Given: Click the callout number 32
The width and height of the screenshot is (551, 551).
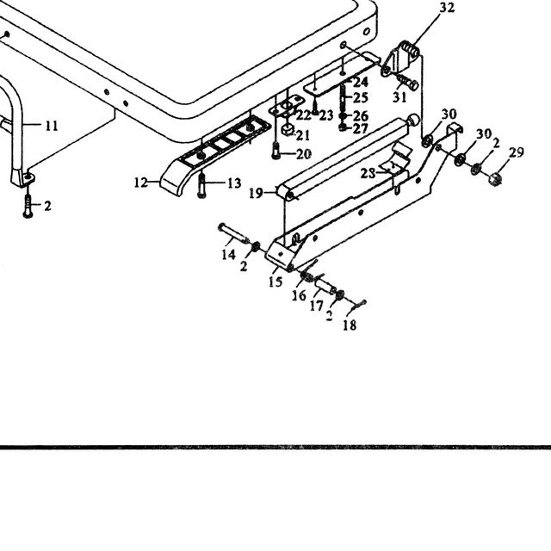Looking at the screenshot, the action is coord(447,8).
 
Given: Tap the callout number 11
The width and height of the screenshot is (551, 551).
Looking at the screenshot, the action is coord(52,126).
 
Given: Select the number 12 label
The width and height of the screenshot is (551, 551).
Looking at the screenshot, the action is coord(141,183).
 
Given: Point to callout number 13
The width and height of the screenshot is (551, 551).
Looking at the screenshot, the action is coord(234,183).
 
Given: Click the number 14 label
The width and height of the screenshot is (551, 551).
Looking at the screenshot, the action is coord(228,255).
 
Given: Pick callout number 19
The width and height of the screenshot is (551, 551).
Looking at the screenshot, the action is coord(256,193).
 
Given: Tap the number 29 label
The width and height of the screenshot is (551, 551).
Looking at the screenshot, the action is coord(517,152).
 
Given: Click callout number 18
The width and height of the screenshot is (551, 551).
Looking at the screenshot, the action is coord(350,325).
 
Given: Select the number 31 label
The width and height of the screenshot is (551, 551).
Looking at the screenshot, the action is coord(399,97).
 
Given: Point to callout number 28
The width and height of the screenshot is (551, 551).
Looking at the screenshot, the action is coord(368,174).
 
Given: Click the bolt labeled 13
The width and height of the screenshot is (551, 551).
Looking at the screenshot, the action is coord(201,185).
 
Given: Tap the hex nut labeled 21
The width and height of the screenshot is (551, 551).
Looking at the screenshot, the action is coord(288,131).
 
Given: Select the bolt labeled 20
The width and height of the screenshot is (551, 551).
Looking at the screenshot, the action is coord(275,150).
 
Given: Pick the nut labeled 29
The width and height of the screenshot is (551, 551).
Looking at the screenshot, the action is coord(495,178).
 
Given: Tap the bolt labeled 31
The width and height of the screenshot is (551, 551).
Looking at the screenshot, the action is coord(407,83).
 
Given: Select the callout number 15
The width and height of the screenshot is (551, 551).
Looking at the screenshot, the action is coord(275,282).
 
